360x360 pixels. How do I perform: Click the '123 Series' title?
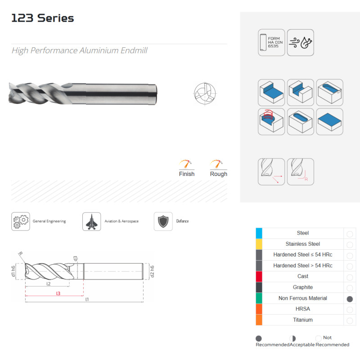click(43, 18)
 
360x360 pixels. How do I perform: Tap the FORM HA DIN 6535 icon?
click(271, 42)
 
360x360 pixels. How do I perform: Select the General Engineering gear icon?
click(21, 221)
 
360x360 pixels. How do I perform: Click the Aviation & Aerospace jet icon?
click(92, 221)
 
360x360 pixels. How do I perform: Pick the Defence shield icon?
click(163, 221)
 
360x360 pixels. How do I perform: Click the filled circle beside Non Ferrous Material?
click(350, 299)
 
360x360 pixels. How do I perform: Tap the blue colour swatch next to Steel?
click(259, 233)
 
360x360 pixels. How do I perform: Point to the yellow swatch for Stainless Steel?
click(259, 244)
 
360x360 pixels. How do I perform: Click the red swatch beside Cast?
click(259, 276)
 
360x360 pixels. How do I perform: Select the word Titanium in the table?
click(303, 320)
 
